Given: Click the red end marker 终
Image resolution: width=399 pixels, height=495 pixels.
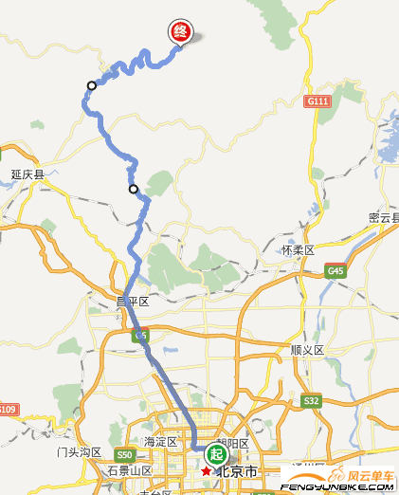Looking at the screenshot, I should point(181,31).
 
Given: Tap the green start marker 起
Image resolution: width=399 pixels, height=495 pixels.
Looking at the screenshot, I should point(216,453).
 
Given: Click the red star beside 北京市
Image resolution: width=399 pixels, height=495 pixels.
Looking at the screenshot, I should point(206,470).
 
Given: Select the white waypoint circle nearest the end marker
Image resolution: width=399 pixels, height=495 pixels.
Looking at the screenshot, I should point(92,85).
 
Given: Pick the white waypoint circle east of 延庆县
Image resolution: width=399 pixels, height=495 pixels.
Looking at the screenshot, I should point(134,189).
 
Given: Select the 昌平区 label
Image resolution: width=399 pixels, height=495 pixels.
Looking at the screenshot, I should point(133,302).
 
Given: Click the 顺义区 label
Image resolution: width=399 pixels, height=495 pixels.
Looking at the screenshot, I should point(307,350).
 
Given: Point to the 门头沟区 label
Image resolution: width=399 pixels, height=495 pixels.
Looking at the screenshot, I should point(79,452).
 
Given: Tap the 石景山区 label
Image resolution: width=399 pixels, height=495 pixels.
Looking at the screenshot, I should point(129,470).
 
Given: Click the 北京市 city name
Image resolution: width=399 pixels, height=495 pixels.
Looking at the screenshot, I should point(237,471).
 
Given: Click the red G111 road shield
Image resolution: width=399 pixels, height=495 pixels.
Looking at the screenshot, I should point(317,101).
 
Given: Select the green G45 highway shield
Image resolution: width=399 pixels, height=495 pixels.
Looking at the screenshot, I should point(336,271).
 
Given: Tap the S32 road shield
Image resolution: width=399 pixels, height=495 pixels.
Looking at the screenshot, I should point(312,401).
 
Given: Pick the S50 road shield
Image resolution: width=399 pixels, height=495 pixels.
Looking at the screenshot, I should point(125,454).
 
